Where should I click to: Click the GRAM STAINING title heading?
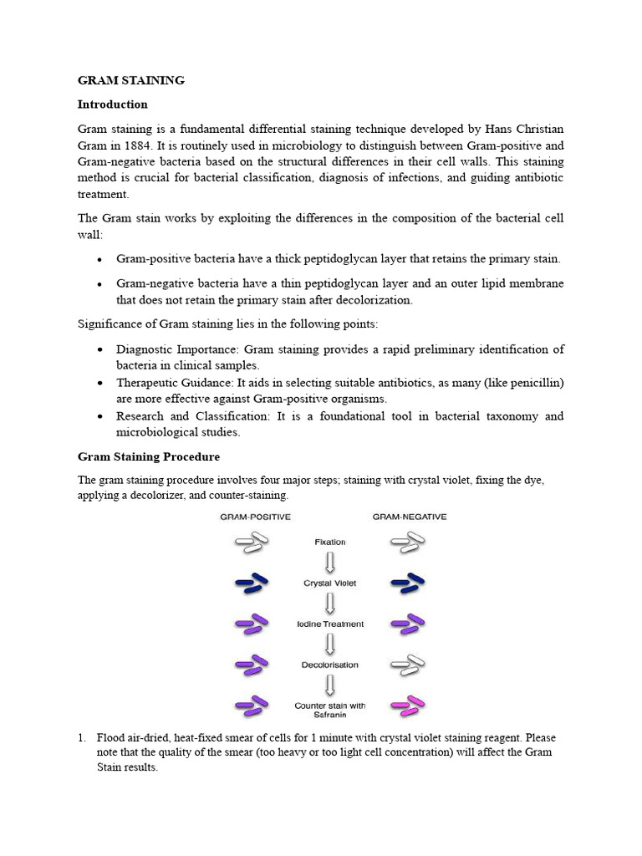131,80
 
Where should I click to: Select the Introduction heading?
113,104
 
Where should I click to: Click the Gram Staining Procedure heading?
149,457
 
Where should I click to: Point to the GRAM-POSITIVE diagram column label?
255,517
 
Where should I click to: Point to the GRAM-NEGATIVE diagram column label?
410,517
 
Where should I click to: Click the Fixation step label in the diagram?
329,543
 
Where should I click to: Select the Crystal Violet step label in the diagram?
329,583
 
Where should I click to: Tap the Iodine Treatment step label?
329,624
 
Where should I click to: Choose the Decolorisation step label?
329,665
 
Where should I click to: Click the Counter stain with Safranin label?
329,711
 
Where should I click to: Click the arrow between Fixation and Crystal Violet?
329,563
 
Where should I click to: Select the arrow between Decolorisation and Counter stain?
329,685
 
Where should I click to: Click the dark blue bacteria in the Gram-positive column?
252,583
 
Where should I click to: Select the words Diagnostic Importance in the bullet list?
164,349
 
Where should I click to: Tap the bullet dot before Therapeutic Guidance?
100,383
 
